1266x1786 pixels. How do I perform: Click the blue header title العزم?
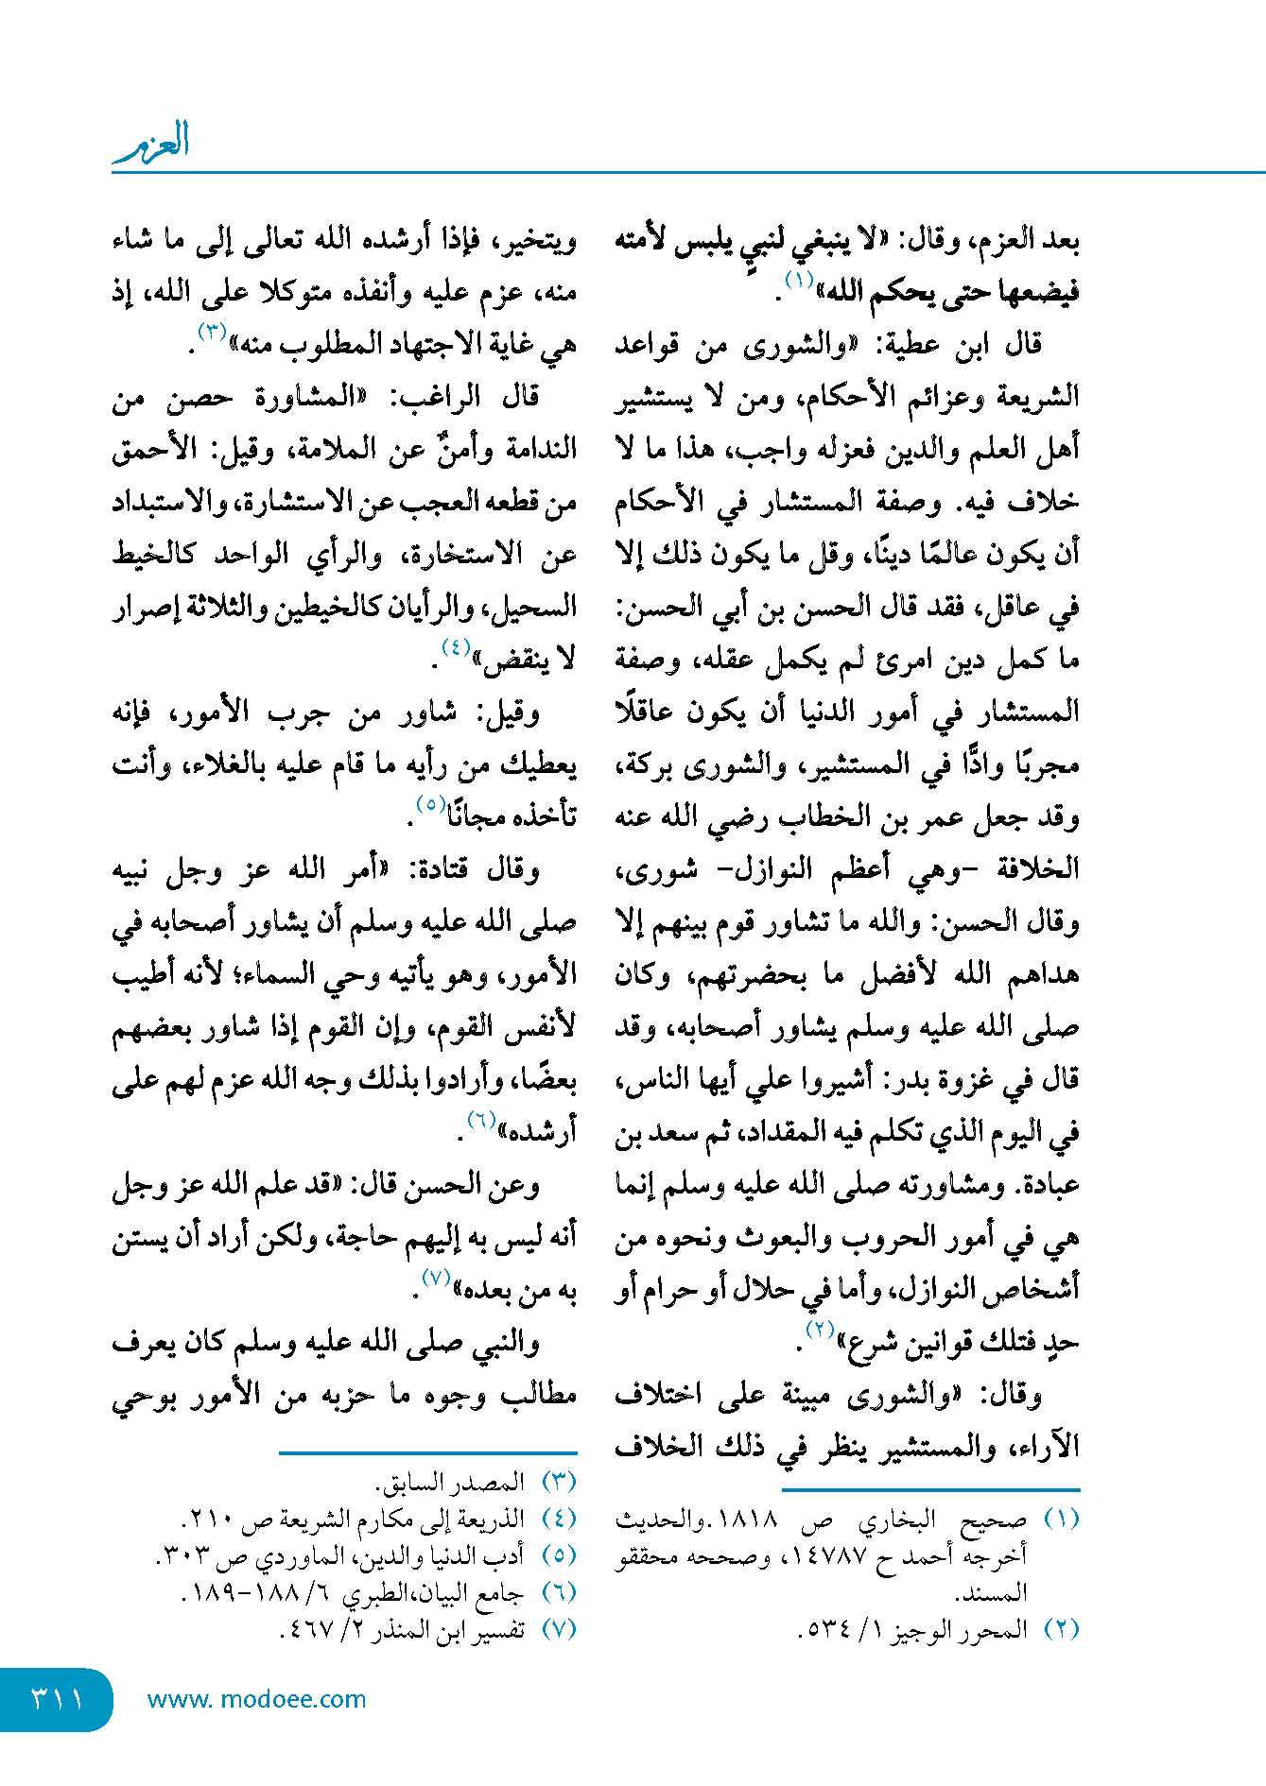(x=152, y=142)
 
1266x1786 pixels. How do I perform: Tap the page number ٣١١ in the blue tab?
(x=57, y=1699)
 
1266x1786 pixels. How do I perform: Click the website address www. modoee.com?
(x=256, y=1699)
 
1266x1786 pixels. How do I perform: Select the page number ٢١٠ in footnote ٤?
(x=206, y=1520)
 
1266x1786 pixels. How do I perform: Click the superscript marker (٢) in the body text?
(x=819, y=1330)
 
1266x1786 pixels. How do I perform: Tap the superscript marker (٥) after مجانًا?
(x=431, y=804)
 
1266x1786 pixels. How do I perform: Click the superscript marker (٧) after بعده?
(x=435, y=1278)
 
